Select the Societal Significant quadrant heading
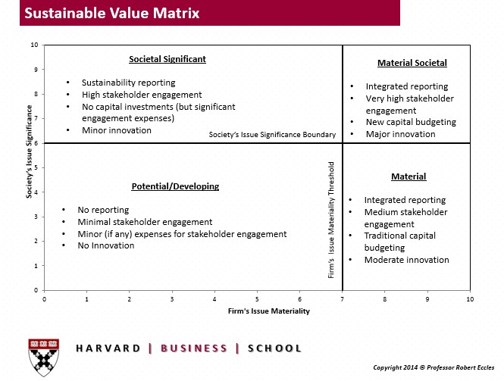coord(167,58)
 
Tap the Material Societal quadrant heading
coord(412,63)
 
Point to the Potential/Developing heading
coord(175,186)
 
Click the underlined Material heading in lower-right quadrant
coord(409,176)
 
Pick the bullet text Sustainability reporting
coord(128,83)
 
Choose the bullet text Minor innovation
coord(116,130)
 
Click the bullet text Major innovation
coord(400,134)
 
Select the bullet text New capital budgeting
coord(411,122)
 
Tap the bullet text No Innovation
coord(106,245)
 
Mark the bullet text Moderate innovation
coord(406,260)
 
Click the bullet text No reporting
coord(103,210)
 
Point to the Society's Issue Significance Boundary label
coord(272,135)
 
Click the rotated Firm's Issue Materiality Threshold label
coord(331,218)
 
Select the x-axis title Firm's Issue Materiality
coord(258,311)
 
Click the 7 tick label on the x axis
coord(343,299)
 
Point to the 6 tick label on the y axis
coord(35,143)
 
